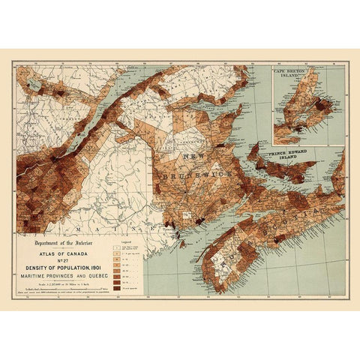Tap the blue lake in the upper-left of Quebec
pos(34,85)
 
